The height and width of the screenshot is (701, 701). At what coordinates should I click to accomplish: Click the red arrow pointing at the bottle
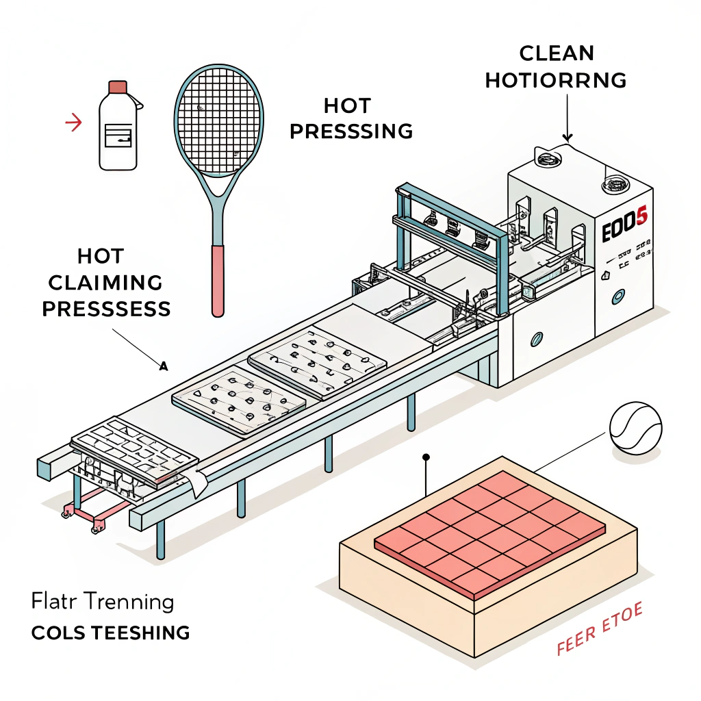[x=73, y=123]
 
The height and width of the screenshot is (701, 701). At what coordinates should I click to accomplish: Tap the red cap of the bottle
[x=118, y=87]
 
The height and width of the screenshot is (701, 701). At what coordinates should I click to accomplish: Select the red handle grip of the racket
[x=217, y=281]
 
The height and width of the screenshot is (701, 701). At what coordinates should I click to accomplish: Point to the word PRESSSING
[x=351, y=131]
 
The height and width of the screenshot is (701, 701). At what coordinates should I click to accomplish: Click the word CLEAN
[x=556, y=53]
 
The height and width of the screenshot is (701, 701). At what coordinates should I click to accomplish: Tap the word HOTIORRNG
[x=556, y=80]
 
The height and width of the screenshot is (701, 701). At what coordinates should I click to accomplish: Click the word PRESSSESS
[x=106, y=309]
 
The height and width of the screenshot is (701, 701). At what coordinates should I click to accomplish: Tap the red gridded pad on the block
[x=490, y=531]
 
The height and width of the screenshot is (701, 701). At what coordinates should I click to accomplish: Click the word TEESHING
[x=140, y=633]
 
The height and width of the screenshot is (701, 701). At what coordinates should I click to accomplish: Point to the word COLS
[x=58, y=633]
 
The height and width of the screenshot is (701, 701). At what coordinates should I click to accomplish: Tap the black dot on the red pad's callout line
[x=426, y=457]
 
